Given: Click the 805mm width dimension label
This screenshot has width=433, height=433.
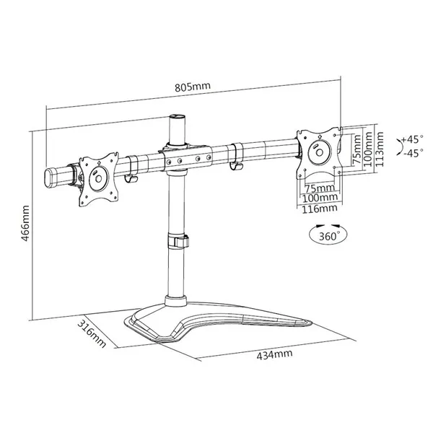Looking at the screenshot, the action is tap(193, 87).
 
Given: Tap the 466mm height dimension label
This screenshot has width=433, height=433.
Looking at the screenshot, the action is tap(25, 223).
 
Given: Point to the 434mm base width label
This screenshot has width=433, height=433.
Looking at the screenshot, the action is tap(274, 355).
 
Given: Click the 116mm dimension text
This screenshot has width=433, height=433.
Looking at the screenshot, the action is tap(320, 209).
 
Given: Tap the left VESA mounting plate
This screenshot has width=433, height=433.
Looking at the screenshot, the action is tap(99, 179).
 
